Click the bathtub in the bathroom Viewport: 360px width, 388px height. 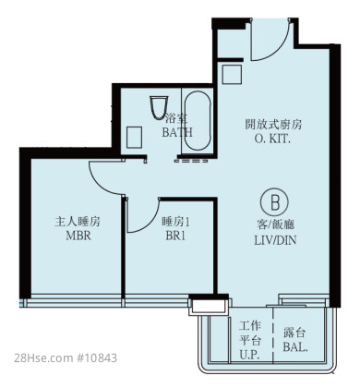coord(198,121)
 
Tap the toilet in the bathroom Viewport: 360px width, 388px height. coord(159,107)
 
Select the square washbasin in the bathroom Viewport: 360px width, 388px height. coord(135,138)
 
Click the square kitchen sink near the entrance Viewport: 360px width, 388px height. coord(232,74)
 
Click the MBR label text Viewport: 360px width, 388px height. coord(78,236)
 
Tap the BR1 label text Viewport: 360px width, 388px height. coord(175,236)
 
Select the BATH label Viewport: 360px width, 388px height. coord(177,132)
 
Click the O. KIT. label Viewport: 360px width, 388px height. coord(272,139)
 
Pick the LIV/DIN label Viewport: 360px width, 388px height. coord(275,240)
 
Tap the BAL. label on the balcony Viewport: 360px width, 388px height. coord(295,347)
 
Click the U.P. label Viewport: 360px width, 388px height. coord(249,355)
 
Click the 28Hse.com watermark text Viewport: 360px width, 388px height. coord(43,358)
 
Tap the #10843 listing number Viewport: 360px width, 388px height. coord(96,358)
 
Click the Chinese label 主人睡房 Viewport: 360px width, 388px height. coord(78,222)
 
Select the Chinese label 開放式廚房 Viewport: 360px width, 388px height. coord(273,125)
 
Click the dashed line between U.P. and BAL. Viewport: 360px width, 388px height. coord(272,335)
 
